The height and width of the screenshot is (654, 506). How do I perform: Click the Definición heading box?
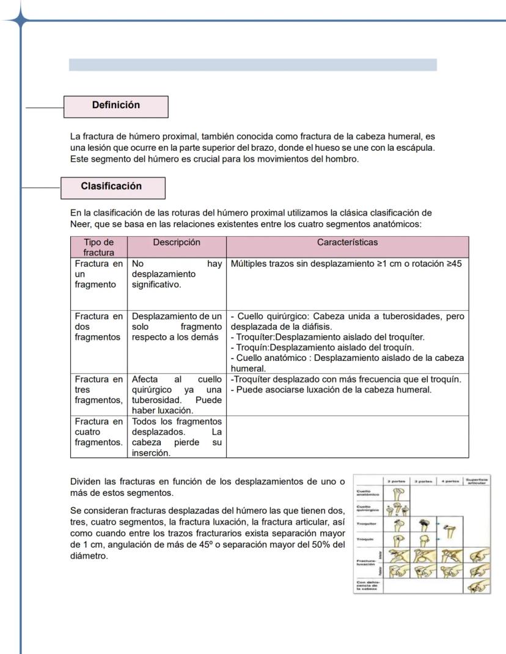(x=116, y=106)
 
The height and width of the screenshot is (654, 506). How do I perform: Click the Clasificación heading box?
(x=112, y=187)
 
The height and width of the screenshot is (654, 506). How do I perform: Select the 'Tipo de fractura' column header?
(x=98, y=247)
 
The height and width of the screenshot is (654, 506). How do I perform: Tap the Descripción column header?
(x=176, y=242)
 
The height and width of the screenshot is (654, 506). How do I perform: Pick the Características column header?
(x=347, y=242)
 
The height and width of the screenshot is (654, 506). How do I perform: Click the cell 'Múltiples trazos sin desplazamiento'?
(x=346, y=264)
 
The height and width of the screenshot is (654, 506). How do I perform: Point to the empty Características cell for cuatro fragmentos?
(x=347, y=437)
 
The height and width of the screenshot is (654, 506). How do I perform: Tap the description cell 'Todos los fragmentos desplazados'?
(x=176, y=437)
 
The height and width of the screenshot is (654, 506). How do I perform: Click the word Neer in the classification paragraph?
(x=80, y=224)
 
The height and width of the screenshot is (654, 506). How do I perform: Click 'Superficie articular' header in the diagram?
(x=477, y=481)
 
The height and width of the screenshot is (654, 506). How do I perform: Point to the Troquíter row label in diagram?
(x=367, y=524)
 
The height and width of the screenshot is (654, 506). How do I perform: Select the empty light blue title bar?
(x=252, y=65)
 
